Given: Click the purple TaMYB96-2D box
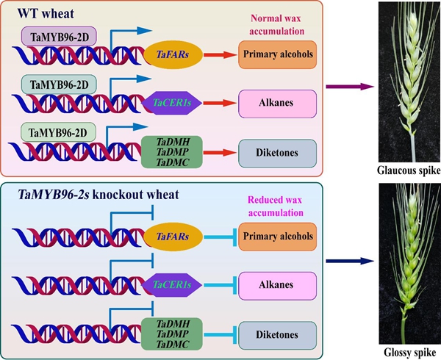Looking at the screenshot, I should [54, 35].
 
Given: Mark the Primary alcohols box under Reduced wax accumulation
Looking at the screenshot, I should [276, 237].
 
